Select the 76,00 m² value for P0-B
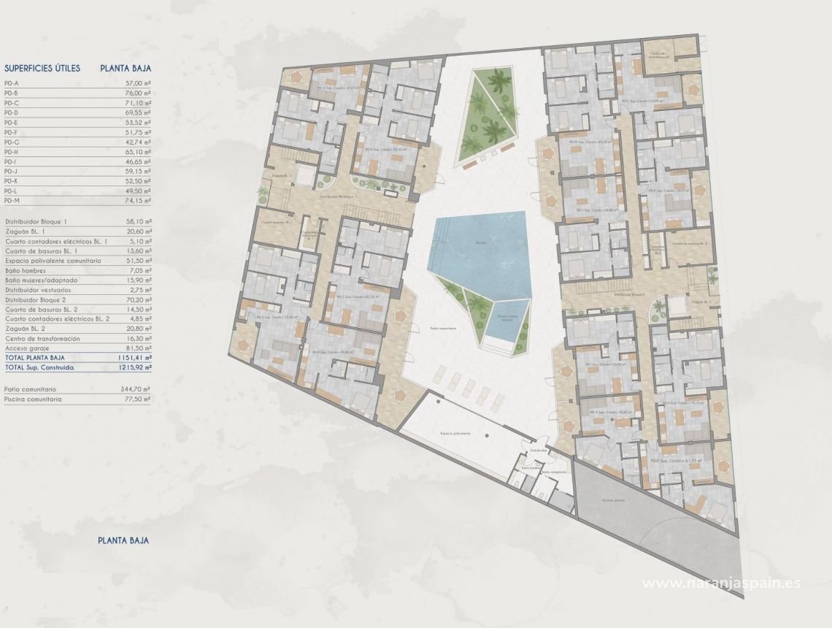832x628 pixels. [x=138, y=93]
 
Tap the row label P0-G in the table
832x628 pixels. [x=11, y=142]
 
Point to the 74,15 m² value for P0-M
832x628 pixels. [x=138, y=200]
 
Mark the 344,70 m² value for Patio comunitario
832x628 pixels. [x=136, y=390]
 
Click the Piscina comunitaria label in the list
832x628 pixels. [x=33, y=399]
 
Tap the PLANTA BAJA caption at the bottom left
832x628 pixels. [x=123, y=540]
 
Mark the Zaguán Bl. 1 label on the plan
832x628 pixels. [x=281, y=176]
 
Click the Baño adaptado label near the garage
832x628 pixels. [x=551, y=472]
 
